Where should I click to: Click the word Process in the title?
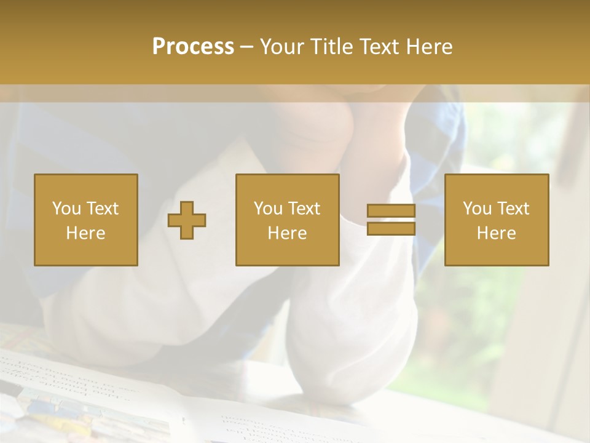point(193,47)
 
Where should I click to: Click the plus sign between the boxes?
point(187,220)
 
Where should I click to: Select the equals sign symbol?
point(391,220)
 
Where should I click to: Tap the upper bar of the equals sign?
point(391,211)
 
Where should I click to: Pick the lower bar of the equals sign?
point(391,228)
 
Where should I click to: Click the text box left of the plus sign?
point(86,220)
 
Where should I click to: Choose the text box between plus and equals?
point(288,220)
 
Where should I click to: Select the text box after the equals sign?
point(497,220)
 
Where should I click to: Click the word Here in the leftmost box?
point(86,233)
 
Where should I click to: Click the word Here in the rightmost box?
point(497,233)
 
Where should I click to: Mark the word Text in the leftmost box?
point(103,209)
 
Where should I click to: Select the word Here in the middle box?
point(288,233)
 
